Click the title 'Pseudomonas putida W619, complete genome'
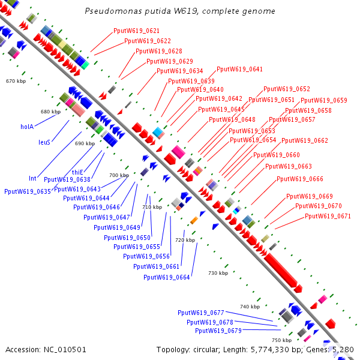pos(180,11)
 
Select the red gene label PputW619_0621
pos(136,31)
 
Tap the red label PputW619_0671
pos(328,216)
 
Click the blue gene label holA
pos(27,127)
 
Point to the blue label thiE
pos(77,172)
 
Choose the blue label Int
pos(33,178)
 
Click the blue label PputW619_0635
pos(28,191)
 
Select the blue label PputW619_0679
pos(218,331)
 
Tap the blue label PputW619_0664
pos(167,277)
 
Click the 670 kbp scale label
pos(16,80)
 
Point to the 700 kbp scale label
pos(119,175)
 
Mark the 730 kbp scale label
pos(218,273)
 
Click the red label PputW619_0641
pos(239,69)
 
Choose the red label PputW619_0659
pos(324,100)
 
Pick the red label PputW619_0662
pos(305,140)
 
